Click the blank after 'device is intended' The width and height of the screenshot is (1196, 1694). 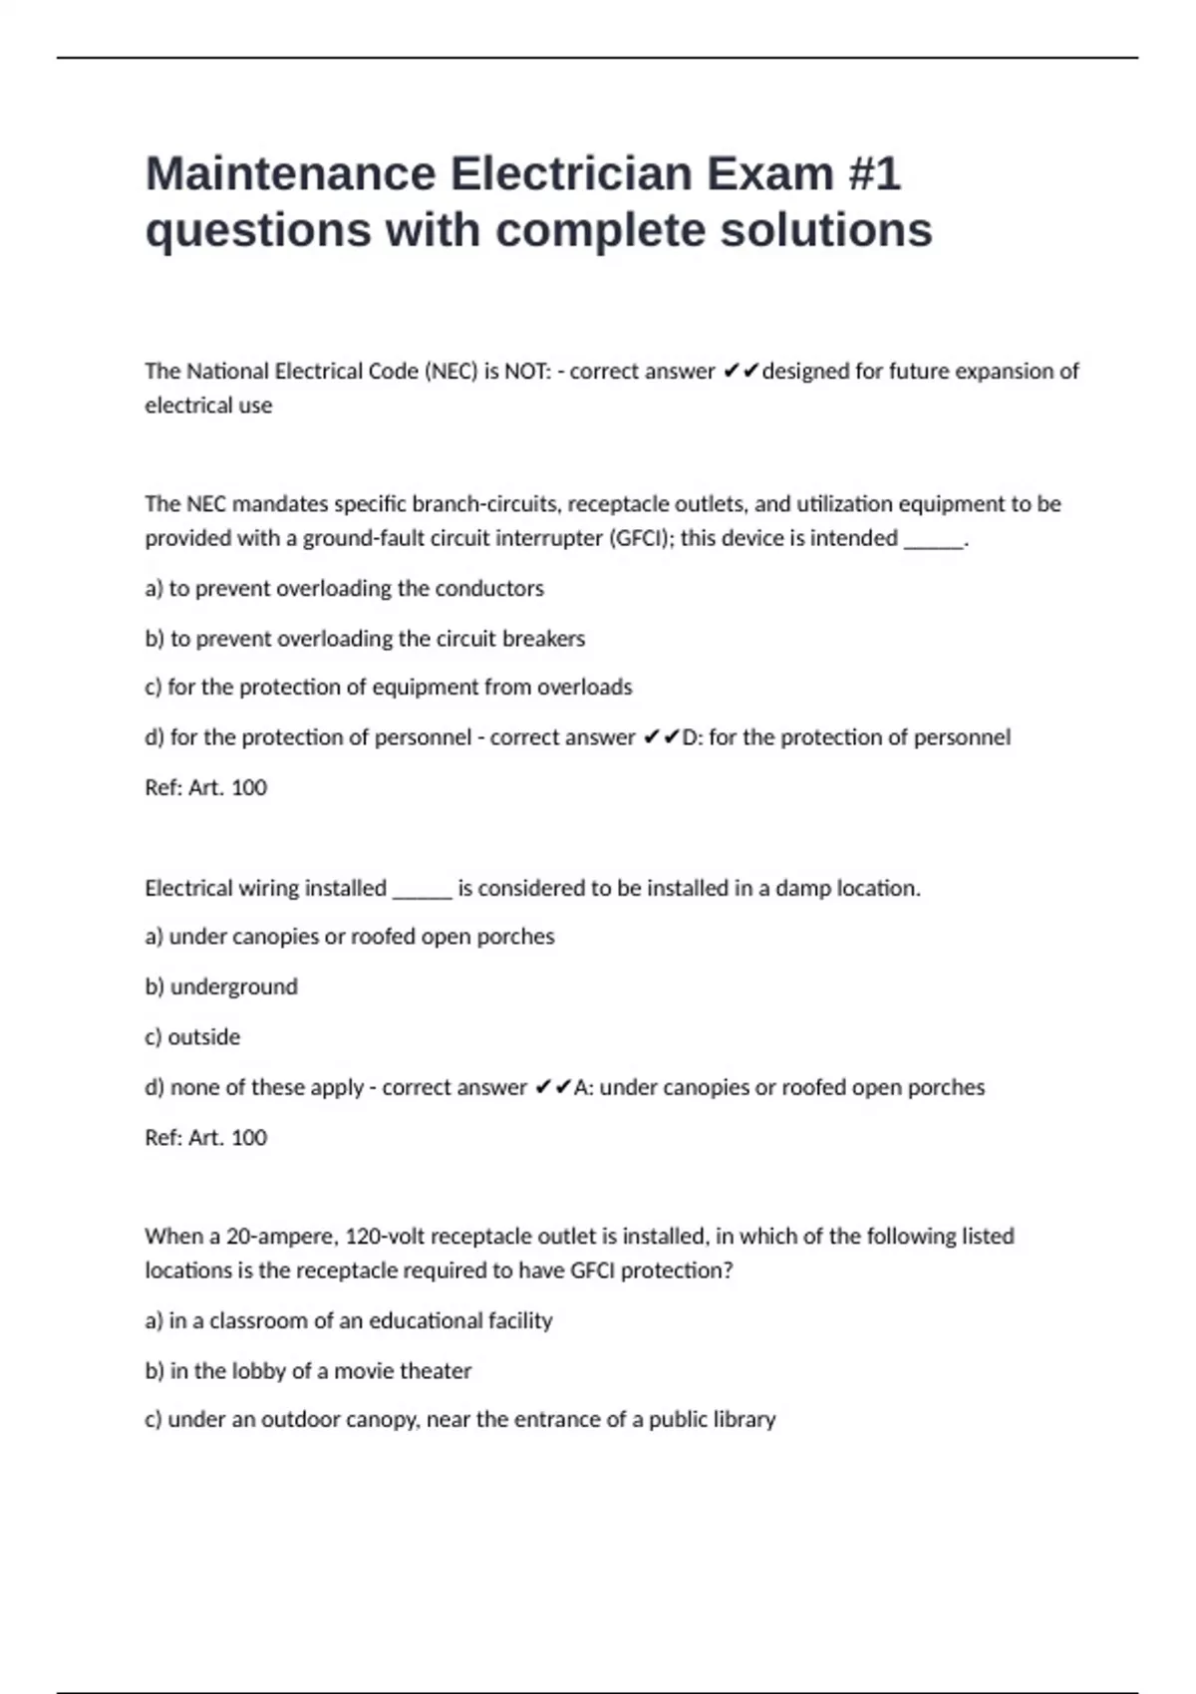933,540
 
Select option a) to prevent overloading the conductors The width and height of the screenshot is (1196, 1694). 344,589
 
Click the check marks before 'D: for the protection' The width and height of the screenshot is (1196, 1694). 661,737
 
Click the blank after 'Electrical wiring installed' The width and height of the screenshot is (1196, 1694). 423,890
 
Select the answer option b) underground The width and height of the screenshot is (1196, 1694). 221,987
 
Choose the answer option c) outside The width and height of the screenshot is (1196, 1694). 192,1037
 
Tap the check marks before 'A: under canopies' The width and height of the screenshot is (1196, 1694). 552,1087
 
